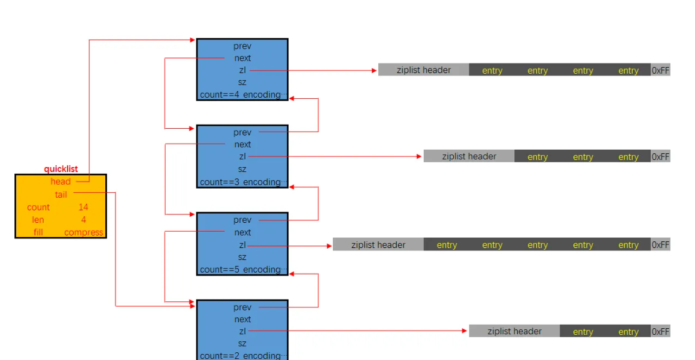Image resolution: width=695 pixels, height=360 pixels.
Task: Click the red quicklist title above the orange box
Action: pos(60,169)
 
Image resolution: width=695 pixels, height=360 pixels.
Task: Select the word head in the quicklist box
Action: pos(60,181)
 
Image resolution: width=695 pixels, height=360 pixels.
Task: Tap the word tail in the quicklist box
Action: pos(61,194)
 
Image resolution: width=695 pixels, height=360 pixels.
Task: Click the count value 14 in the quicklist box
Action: pos(83,207)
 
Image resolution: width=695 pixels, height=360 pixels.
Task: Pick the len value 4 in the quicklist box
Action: pos(83,220)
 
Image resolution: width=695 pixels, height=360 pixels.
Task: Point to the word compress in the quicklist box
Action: pos(84,232)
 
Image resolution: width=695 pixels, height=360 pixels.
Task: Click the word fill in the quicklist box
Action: pos(38,232)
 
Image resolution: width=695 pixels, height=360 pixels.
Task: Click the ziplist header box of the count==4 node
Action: pos(423,70)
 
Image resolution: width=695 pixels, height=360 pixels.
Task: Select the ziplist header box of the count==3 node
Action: pos(469,156)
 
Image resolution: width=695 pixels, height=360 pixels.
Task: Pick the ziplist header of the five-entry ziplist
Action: pos(378,244)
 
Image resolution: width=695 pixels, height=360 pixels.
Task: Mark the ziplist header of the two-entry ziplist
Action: pos(514,331)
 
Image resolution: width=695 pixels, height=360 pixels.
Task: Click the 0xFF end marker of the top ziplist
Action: pos(660,70)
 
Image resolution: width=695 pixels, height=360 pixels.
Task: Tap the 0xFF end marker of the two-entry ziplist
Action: pos(660,331)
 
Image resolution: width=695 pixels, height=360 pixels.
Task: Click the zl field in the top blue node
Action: pos(242,70)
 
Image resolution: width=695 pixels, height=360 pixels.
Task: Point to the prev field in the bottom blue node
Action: pos(242,307)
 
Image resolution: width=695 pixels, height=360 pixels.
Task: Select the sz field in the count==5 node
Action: pos(242,257)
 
